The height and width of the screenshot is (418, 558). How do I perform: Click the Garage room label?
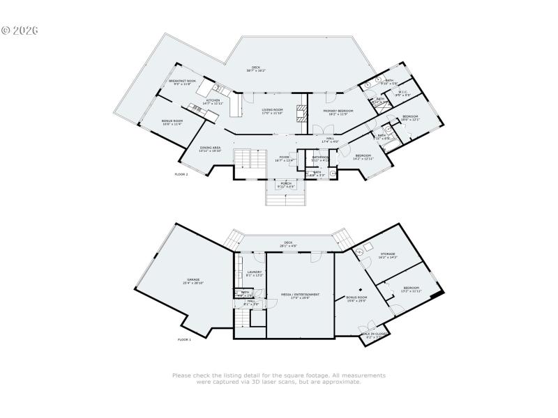coord(193,281)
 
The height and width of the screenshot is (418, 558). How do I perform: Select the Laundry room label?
coord(254,273)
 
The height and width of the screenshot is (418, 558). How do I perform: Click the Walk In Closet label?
coord(375,335)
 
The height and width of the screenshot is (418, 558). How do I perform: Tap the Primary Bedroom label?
coord(338,112)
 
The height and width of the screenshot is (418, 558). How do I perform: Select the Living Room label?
coord(272,111)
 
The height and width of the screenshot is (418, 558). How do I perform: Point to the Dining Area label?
coord(210,148)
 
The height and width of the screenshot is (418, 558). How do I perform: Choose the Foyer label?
coord(285,158)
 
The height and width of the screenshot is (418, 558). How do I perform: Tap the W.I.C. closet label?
coord(403,93)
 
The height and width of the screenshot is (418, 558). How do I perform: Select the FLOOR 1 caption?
coord(184,339)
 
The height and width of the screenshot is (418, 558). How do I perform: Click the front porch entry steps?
coord(286,198)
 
